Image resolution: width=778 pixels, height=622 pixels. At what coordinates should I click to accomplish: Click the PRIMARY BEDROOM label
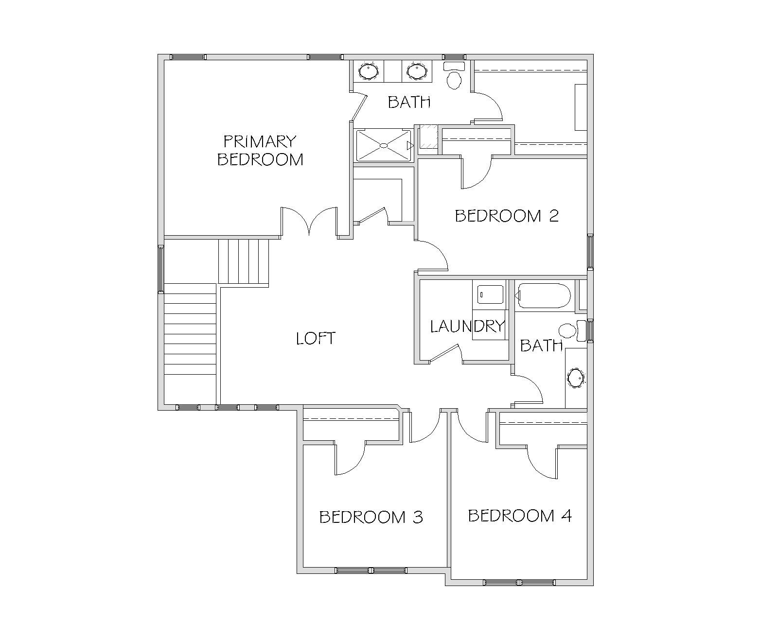click(260, 150)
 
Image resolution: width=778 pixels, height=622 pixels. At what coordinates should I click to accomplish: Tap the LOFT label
click(316, 339)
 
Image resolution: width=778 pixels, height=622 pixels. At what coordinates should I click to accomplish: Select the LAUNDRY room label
click(467, 327)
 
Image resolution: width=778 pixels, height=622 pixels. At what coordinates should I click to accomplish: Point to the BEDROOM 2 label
click(507, 216)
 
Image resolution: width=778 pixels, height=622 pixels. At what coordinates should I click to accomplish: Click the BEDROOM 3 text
click(371, 517)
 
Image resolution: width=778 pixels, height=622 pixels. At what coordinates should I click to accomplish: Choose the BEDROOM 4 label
click(520, 516)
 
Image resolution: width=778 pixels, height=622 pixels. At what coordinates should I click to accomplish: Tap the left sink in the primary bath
click(369, 71)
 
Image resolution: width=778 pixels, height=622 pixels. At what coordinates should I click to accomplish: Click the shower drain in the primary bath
click(384, 145)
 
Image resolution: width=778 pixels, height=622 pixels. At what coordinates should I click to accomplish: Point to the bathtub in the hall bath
click(543, 296)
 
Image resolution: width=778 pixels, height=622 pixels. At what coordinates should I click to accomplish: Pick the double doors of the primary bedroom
click(309, 221)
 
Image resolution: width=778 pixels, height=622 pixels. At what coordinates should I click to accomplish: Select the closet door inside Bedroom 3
click(350, 458)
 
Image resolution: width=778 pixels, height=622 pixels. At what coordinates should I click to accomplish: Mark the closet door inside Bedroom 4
click(542, 463)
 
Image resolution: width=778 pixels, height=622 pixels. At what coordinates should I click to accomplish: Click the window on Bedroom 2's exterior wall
click(590, 252)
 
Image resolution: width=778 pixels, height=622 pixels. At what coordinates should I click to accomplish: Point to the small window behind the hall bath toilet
click(590, 330)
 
